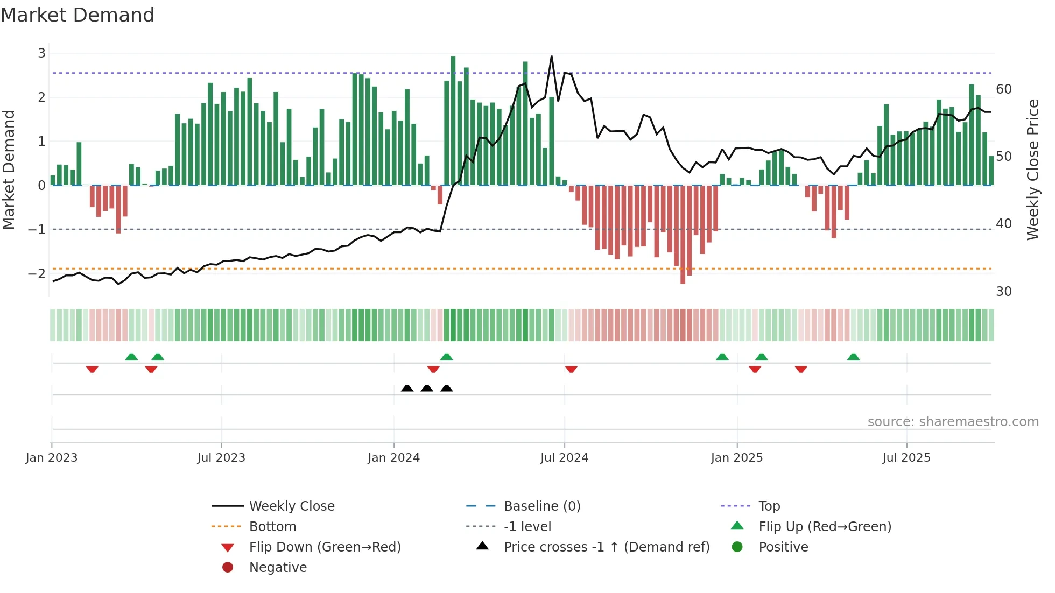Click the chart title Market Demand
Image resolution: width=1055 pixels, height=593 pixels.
tap(78, 15)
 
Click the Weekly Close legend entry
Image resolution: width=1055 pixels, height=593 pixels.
tap(291, 506)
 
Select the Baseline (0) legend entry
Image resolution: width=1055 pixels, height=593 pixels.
tap(541, 506)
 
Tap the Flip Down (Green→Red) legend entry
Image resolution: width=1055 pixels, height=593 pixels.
tap(325, 547)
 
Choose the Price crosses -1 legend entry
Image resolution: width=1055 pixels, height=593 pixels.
tap(606, 547)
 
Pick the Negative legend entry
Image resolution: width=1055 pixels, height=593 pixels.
tap(278, 568)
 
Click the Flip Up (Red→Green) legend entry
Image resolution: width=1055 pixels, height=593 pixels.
tap(825, 527)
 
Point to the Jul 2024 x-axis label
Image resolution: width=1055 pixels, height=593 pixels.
tap(564, 458)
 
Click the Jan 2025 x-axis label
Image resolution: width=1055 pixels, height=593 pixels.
tap(736, 458)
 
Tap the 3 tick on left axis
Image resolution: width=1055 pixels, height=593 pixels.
tap(41, 53)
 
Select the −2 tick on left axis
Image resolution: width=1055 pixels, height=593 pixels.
tap(37, 274)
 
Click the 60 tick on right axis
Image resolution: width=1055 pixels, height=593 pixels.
tap(1004, 89)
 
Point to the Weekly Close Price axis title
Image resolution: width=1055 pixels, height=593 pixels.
tap(1032, 170)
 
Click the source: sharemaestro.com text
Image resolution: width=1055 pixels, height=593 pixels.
tap(953, 422)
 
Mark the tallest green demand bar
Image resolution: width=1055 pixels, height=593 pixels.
tap(453, 121)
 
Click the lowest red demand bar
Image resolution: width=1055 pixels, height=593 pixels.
tap(683, 234)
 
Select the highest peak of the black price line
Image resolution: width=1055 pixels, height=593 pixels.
tap(551, 57)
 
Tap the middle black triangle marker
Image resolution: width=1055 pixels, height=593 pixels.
tap(427, 388)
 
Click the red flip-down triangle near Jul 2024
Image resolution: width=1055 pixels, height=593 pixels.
tap(571, 369)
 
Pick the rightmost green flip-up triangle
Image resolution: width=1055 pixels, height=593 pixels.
tap(853, 357)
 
